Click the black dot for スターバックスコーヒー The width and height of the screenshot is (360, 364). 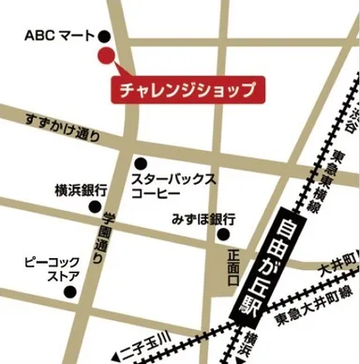(x=140, y=161)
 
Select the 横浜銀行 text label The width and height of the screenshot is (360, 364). (x=81, y=189)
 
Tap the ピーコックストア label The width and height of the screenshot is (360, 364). (x=51, y=269)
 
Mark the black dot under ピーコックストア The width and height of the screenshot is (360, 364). (x=68, y=292)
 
